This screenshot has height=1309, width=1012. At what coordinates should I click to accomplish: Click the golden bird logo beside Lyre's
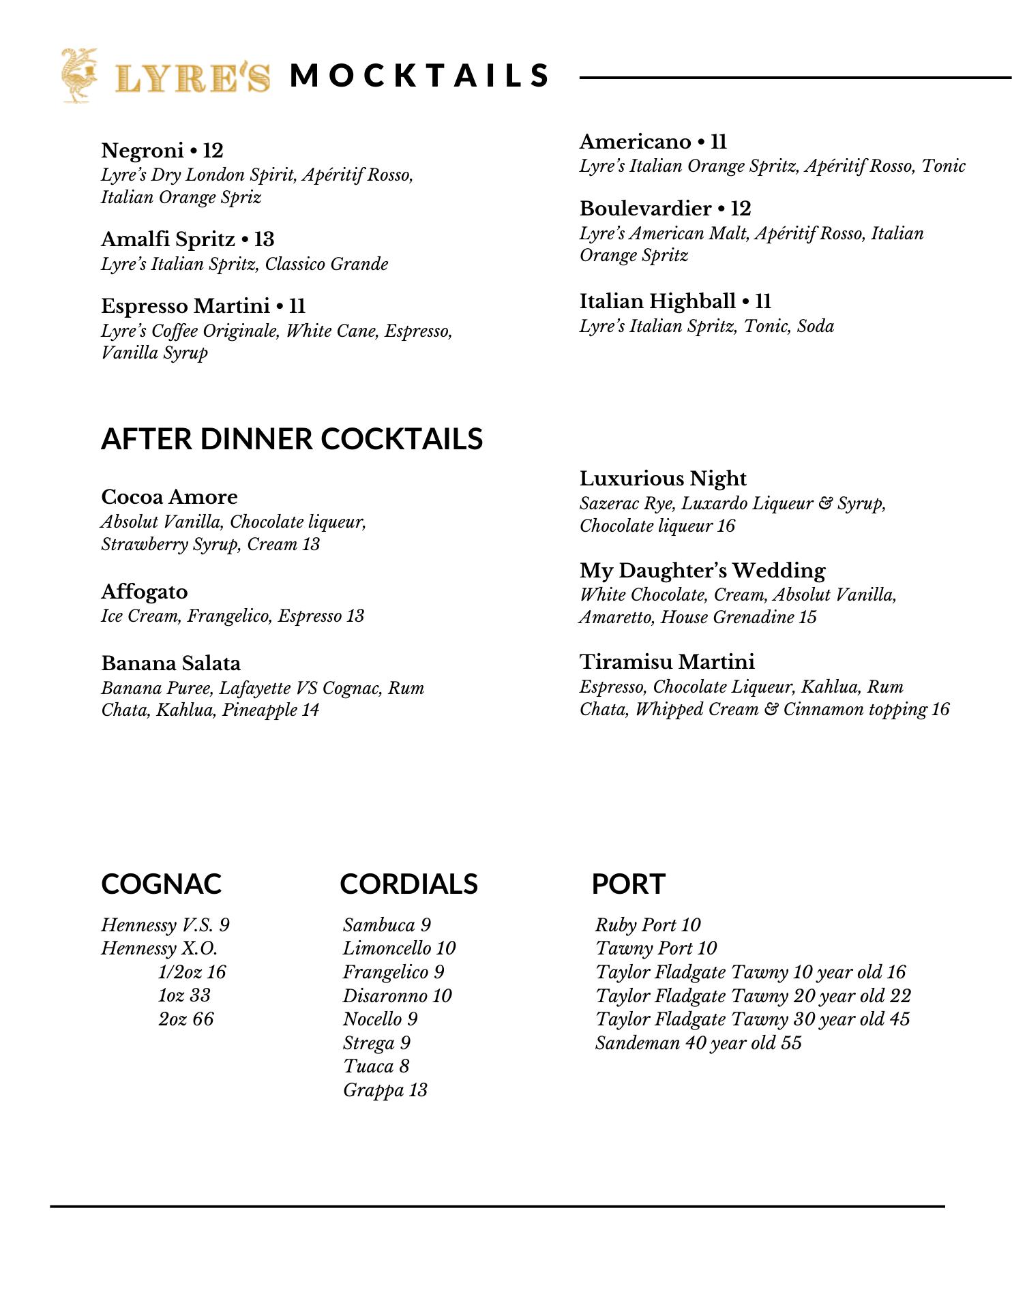tap(78, 75)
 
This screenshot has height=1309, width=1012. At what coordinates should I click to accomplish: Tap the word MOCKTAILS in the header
tap(419, 76)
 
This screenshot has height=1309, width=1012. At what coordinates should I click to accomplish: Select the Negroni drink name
tap(143, 150)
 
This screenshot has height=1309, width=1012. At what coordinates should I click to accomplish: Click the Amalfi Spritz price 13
tap(264, 239)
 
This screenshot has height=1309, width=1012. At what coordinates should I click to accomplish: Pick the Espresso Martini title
tap(185, 305)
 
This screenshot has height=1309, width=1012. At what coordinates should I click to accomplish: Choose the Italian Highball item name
tap(657, 301)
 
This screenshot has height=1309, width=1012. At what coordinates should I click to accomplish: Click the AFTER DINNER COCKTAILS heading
tap(292, 439)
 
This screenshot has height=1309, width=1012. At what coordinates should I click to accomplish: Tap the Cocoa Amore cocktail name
tap(169, 496)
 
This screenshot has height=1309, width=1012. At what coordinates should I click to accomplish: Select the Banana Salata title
tap(170, 663)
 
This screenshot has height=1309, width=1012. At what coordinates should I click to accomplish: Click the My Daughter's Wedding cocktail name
tap(702, 570)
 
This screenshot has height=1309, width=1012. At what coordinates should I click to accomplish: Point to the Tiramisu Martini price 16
tap(940, 709)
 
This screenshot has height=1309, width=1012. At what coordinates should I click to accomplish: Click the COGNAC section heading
tap(162, 884)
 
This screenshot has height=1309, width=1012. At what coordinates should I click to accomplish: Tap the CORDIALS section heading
tap(408, 884)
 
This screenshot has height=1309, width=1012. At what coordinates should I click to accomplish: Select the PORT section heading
tap(628, 884)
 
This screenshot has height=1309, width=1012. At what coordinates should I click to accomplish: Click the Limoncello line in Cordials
tap(399, 948)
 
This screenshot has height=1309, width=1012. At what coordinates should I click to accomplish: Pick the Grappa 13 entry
tap(385, 1090)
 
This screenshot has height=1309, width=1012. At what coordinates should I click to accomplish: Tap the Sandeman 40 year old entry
tap(698, 1043)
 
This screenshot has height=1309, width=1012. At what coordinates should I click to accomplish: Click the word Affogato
tap(145, 591)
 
